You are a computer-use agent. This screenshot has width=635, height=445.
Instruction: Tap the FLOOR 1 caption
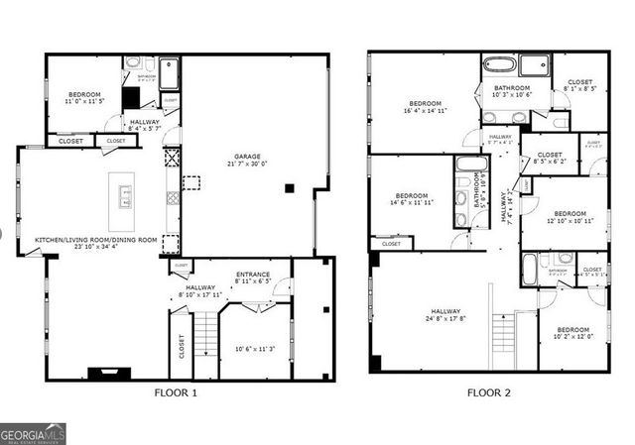(x=176, y=393)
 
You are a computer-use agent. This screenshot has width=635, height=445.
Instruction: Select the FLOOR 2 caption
(x=489, y=393)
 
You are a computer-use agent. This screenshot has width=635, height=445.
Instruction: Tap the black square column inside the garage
(x=289, y=187)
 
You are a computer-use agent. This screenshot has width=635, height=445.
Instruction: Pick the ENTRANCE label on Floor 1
(x=253, y=275)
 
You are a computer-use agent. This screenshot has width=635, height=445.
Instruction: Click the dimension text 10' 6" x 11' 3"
(x=254, y=348)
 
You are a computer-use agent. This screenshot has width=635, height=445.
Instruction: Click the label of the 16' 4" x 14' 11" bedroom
(x=426, y=104)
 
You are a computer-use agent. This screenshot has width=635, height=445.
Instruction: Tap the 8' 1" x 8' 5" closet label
(x=580, y=83)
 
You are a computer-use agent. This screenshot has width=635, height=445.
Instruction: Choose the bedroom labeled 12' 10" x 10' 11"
(x=570, y=214)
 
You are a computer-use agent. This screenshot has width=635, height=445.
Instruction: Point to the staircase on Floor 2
(x=502, y=342)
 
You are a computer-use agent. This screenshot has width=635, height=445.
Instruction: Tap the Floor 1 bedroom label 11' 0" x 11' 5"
(x=85, y=96)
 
